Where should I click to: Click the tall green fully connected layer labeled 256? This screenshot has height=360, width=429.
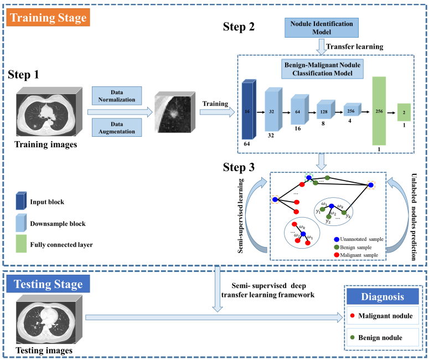(x=380, y=111)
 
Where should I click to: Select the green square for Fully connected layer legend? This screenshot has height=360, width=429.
(x=22, y=243)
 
